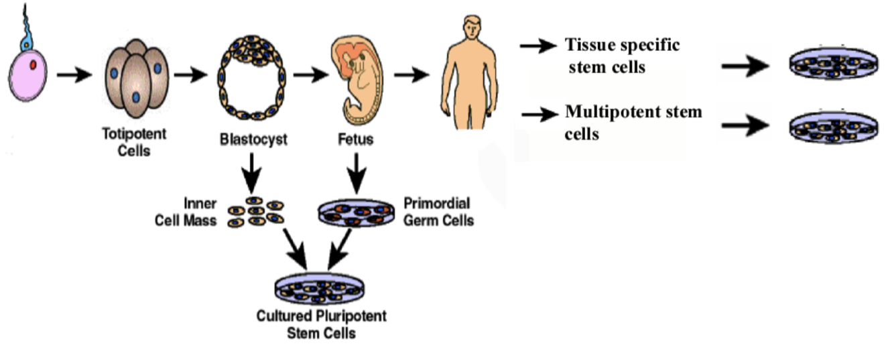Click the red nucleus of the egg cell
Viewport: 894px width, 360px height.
[33, 64]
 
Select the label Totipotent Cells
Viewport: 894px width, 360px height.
[134, 142]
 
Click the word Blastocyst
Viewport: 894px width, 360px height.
[253, 139]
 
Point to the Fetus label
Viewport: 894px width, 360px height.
[356, 139]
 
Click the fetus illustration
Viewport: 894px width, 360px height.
[357, 80]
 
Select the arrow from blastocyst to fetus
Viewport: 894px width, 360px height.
[311, 74]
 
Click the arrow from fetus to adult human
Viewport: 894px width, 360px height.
[411, 74]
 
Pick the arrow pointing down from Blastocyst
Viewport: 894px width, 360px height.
[251, 173]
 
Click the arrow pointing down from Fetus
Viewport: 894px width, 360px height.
[357, 173]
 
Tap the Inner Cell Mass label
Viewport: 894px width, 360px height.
[186, 212]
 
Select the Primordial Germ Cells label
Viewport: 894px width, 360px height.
[438, 212]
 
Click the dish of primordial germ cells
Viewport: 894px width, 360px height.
[357, 213]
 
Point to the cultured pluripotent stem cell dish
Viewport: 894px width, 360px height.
[319, 288]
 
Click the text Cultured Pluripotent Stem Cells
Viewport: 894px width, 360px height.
[321, 324]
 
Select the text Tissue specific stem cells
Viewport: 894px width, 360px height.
[622, 56]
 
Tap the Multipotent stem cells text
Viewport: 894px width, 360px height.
[633, 123]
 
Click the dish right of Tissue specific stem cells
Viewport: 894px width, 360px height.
[834, 64]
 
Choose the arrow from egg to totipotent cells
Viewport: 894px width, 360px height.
[74, 74]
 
